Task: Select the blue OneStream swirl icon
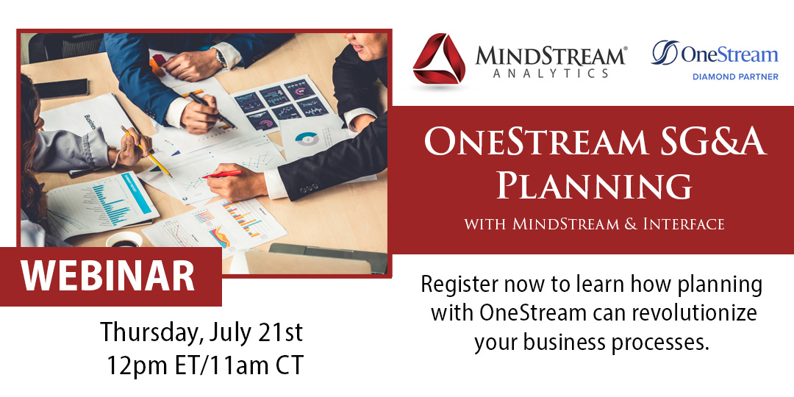[x=664, y=53]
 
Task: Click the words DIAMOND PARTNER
[x=735, y=76]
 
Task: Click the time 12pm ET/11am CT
[x=204, y=365]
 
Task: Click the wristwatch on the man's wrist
[x=221, y=57]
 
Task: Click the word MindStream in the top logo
[x=551, y=56]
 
